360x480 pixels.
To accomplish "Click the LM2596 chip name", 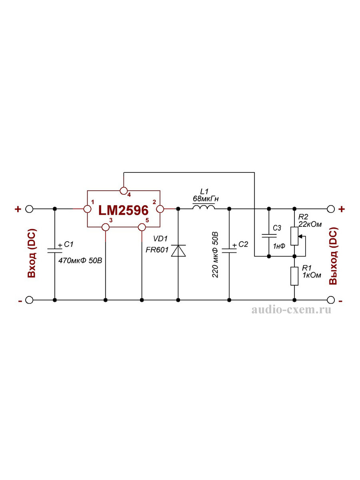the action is click(124, 210).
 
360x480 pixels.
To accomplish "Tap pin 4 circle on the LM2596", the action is click(124, 190).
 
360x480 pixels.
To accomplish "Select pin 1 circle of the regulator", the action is click(88, 209).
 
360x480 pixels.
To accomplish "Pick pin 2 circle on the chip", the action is click(160, 209).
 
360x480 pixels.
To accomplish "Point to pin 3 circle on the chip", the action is click(106, 227).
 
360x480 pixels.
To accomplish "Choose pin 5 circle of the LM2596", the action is click(142, 227).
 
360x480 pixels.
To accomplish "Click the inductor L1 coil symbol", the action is click(204, 207).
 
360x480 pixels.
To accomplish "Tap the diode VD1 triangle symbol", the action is click(178, 251).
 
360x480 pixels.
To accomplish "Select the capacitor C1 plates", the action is click(55, 251).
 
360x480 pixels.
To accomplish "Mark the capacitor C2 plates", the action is click(229, 251).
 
